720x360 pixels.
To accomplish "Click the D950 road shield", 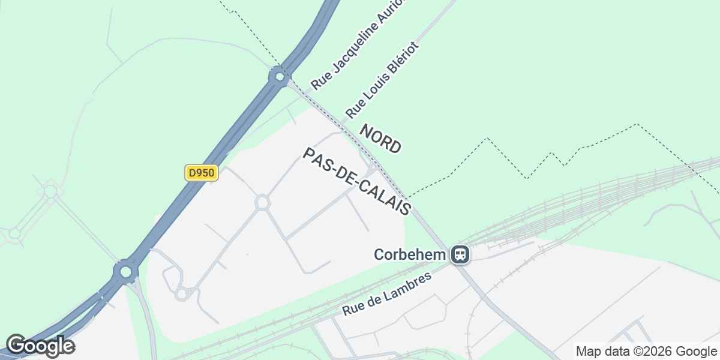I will pos(201,173).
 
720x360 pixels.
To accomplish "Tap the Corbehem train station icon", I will pos(460,254).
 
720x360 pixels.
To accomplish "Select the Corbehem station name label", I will pos(410,254).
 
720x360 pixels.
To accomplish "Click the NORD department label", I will pos(380,139).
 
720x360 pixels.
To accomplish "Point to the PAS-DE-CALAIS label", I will pos(358,182).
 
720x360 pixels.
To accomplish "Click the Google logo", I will pos(40,346).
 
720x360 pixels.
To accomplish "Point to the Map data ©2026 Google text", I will pos(646,351).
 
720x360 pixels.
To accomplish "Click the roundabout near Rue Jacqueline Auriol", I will pos(279,77).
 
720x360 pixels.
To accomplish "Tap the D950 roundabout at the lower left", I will pos(125,272).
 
